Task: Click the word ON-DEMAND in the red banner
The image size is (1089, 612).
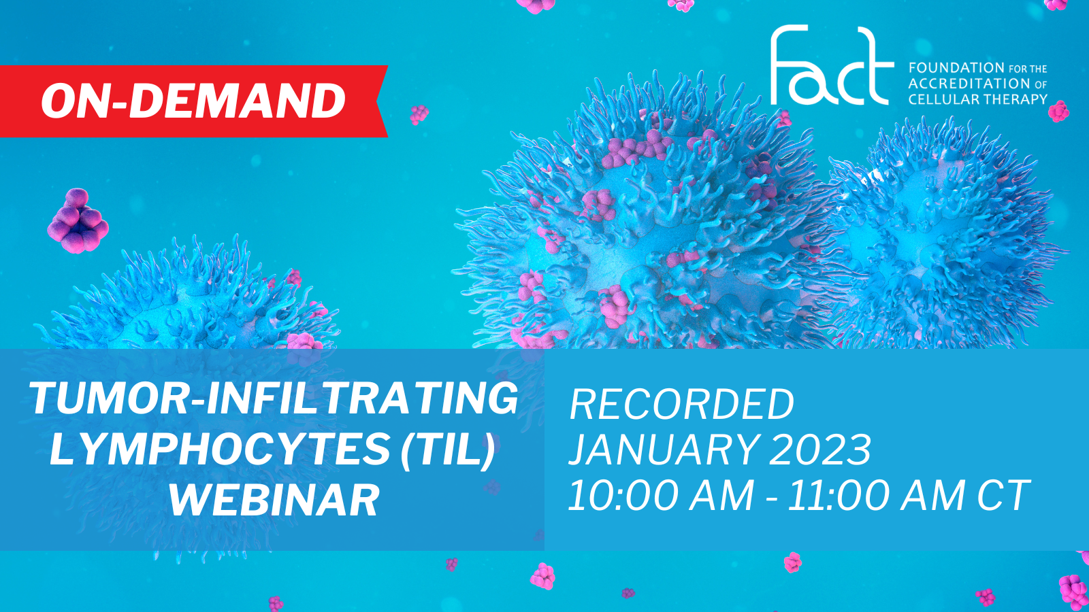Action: coord(193,101)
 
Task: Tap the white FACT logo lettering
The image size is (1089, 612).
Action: coord(832,65)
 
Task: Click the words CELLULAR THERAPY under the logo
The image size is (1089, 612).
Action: coord(977,99)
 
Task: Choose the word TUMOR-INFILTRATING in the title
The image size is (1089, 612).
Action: coord(273,398)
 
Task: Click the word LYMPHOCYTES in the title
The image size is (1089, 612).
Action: coord(220,449)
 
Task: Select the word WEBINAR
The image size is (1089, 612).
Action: coord(274,499)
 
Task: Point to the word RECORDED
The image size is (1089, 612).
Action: coord(681,404)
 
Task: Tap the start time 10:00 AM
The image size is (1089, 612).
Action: coord(661,496)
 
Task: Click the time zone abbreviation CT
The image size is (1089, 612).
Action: coord(1003,496)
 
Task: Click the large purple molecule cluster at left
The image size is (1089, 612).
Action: coord(78,221)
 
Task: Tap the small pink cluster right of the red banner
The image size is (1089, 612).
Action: coord(419,115)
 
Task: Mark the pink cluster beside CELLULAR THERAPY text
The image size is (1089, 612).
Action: coord(1058,112)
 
